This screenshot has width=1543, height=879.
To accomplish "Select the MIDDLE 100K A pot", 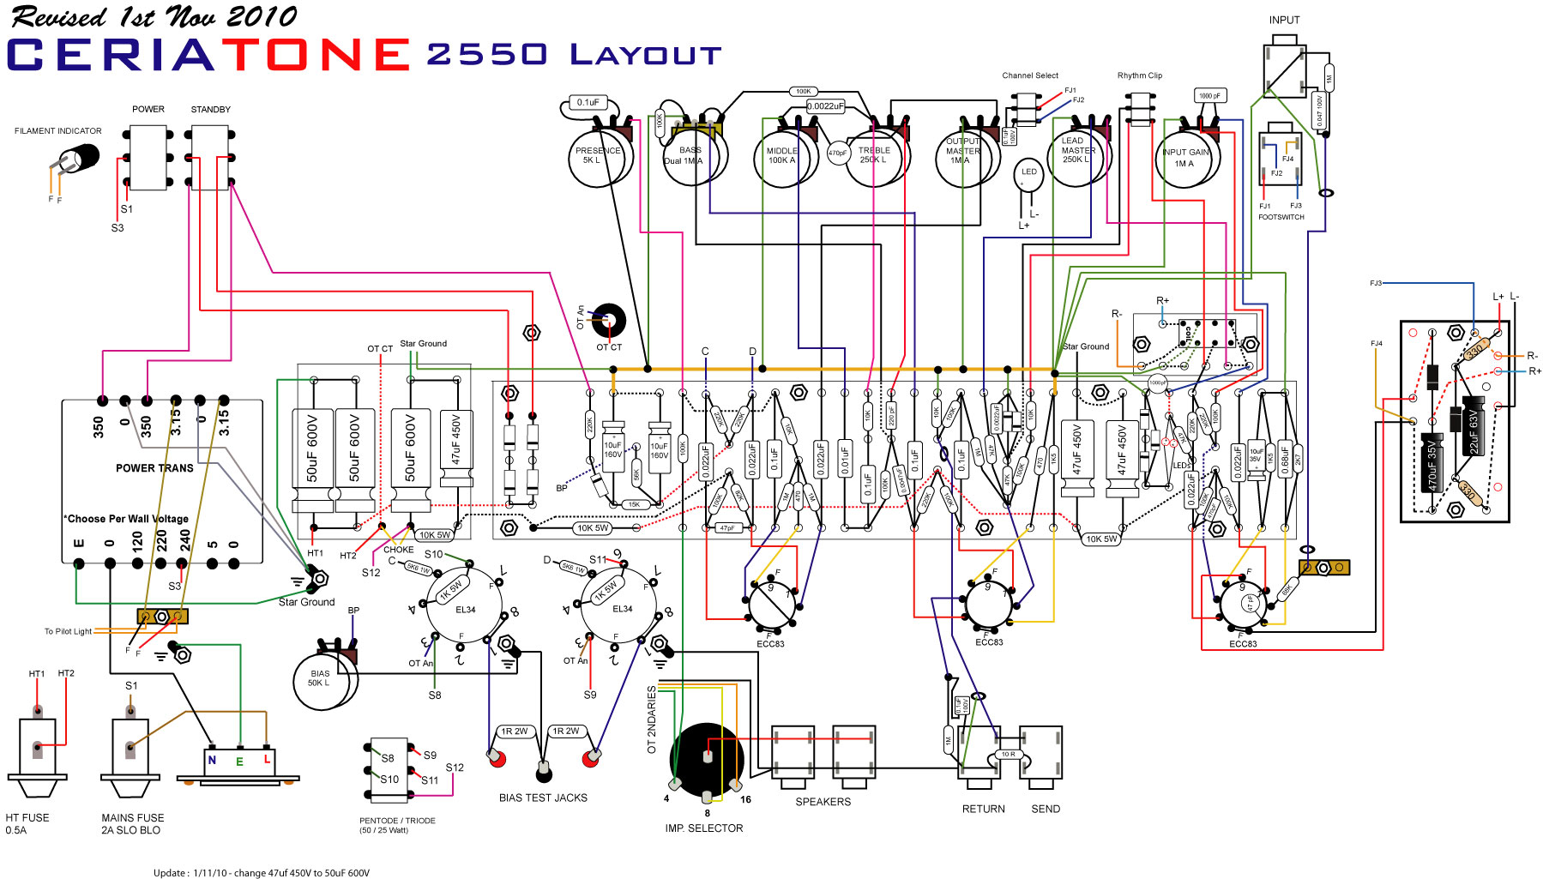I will [781, 157].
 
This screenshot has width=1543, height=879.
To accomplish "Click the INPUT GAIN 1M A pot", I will [1185, 158].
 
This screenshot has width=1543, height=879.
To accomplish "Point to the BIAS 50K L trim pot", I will [322, 679].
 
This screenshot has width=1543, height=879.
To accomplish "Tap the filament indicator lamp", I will [81, 159].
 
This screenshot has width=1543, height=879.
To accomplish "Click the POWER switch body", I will [148, 158].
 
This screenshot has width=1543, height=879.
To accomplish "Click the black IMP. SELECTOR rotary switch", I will [706, 759].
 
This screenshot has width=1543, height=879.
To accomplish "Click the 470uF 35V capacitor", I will [1431, 462].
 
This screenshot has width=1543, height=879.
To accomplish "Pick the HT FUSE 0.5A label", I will [27, 824].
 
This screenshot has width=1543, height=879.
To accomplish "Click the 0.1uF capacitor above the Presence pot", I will [588, 103].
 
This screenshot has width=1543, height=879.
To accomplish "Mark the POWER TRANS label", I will [154, 468].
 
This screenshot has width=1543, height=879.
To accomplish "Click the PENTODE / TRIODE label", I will [397, 821].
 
